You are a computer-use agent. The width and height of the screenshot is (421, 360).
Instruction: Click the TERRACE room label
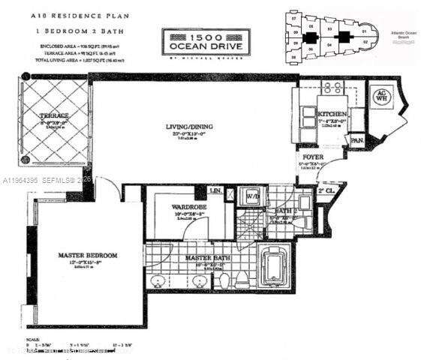tap(54, 115)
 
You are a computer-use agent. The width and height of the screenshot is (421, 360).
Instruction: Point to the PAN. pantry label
tap(356, 139)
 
